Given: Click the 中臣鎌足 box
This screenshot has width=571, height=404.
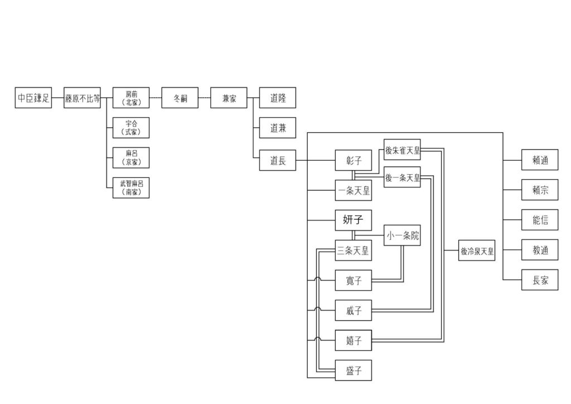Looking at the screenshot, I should coord(33,98).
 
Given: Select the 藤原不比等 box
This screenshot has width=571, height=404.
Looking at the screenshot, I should coord(82,98).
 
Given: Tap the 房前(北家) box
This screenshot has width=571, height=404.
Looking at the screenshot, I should coord(131,98).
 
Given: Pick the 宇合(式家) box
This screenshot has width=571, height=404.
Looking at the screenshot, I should coord(131,128).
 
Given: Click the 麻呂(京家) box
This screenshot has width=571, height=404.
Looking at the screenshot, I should coord(131,157).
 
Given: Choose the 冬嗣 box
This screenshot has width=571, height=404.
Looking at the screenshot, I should coord(180,98).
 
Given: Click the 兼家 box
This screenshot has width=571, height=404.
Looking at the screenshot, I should coord(229,98).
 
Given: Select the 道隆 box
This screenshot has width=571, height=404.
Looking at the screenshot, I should coord(278,98).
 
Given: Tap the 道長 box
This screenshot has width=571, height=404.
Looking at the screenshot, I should coord(278,161).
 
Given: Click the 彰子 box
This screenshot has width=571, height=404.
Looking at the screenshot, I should coord(354,161).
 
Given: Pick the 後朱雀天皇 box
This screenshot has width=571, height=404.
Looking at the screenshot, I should coord(403,150).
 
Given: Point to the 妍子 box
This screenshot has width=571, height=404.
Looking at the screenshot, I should coord(354,220).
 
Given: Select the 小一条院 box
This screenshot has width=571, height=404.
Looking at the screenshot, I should coord(403,236).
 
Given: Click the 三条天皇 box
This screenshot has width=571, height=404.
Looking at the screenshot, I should coord(354,251).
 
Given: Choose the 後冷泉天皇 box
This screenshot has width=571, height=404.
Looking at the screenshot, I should coord(477,251).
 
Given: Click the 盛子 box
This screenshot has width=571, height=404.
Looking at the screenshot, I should coord(354,370).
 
